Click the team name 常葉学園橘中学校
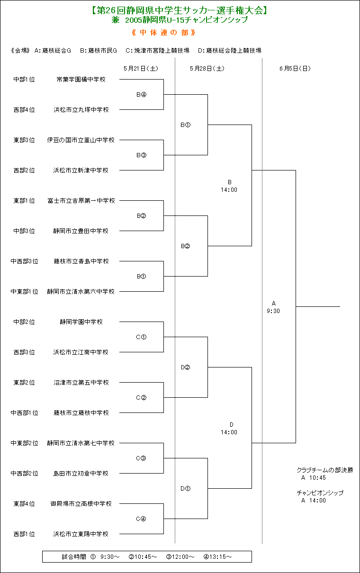pyautogui.click(x=81, y=80)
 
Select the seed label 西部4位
pyautogui.click(x=24, y=110)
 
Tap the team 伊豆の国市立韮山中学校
pyautogui.click(x=81, y=140)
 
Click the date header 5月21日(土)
pyautogui.click(x=141, y=69)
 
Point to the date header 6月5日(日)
pyautogui.click(x=295, y=69)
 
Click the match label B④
pyautogui.click(x=141, y=95)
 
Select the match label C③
pyautogui.click(x=141, y=458)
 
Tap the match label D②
pyautogui.click(x=186, y=367)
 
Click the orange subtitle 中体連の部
pyautogui.click(x=164, y=33)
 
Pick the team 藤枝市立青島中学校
pyautogui.click(x=81, y=261)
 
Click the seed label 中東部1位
pyautogui.click(x=24, y=292)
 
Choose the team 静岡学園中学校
pyautogui.click(x=81, y=322)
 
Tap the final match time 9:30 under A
pyautogui.click(x=273, y=311)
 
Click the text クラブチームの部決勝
pyautogui.click(x=324, y=470)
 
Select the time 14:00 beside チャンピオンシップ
pyautogui.click(x=317, y=501)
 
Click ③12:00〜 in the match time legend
pyautogui.click(x=180, y=556)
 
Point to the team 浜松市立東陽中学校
pyautogui.click(x=81, y=534)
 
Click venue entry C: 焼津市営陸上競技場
pyautogui.click(x=157, y=51)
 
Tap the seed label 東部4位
pyautogui.click(x=24, y=504)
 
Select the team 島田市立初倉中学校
pyautogui.click(x=81, y=474)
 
